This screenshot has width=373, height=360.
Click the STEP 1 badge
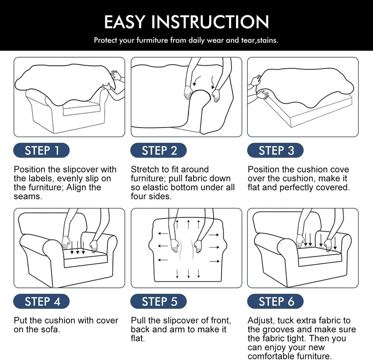42,150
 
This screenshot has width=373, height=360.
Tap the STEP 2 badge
158,150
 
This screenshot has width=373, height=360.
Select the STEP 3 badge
275,150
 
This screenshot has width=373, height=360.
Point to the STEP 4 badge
42,301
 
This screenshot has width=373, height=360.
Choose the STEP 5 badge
158,301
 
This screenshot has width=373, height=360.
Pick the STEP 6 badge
275,301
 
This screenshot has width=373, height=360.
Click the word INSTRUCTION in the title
210,22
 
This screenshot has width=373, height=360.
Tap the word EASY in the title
125,22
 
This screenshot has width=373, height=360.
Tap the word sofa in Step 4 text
51,329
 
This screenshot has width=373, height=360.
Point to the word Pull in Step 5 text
138,321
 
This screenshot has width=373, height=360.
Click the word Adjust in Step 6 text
261,321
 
